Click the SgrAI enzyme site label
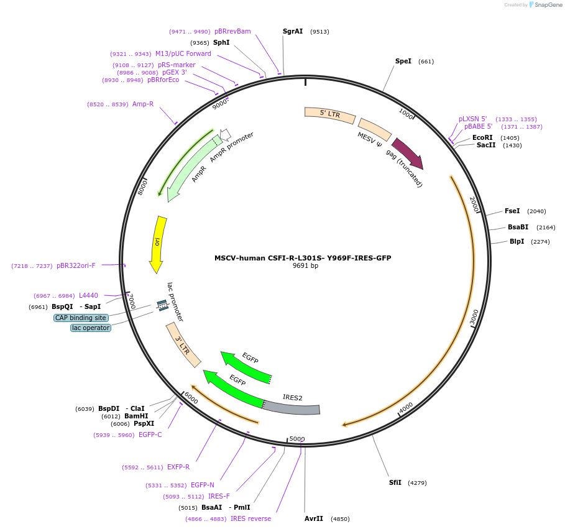tap(293, 31)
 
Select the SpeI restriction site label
tap(403, 61)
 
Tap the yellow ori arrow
tap(158, 242)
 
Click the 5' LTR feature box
tap(329, 114)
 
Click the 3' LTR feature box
tap(183, 345)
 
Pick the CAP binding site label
tap(81, 318)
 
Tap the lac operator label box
tap(91, 328)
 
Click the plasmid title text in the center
tap(303, 258)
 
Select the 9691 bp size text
tap(305, 266)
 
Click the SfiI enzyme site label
tap(395, 482)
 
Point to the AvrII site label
tap(314, 518)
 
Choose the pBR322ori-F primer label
tap(76, 265)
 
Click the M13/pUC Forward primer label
tap(183, 54)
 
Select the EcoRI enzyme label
tap(482, 138)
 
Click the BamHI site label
tap(136, 416)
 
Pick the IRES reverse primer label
tap(250, 518)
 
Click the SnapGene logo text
tap(546, 5)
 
